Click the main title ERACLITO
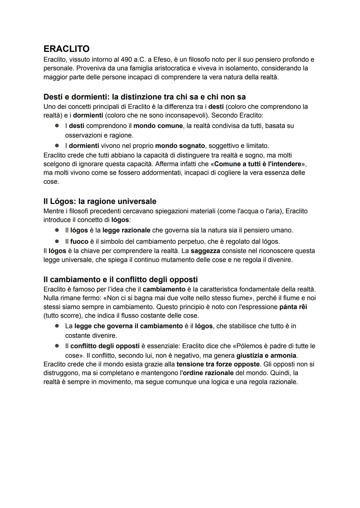[x=66, y=49]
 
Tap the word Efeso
[x=162, y=60]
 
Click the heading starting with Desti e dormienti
[x=144, y=97]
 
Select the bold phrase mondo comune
[x=158, y=126]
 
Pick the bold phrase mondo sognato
[x=180, y=146]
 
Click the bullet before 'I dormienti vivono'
[x=57, y=146]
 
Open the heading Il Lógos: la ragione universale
[x=100, y=202]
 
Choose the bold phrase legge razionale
[x=126, y=230]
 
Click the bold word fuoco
[x=79, y=242]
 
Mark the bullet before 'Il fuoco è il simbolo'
[x=57, y=241]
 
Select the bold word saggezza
[x=205, y=251]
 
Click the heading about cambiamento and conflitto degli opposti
[x=120, y=279]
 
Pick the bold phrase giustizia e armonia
[x=266, y=355]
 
